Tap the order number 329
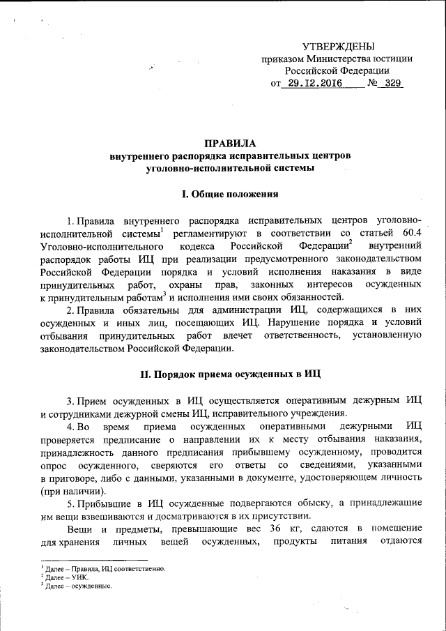(390, 84)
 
